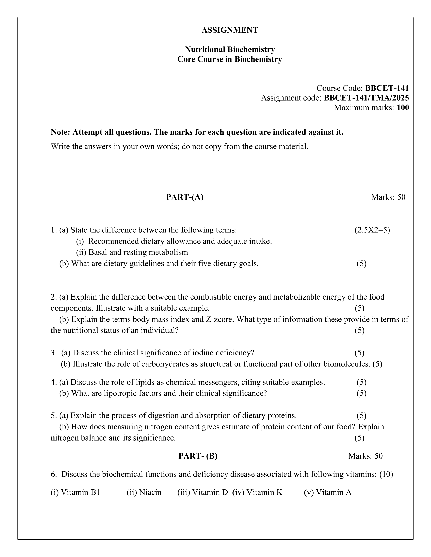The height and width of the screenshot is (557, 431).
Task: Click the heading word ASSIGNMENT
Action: coord(229,30)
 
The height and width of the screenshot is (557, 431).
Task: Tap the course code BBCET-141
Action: coord(387,88)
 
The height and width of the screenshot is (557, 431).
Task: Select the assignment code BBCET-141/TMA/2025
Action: coord(366,98)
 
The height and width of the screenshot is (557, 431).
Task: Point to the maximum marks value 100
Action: coord(403,107)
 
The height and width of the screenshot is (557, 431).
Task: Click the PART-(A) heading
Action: coord(185,197)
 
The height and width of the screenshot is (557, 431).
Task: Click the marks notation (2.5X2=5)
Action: coord(372,230)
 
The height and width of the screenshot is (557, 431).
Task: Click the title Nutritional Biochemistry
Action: coord(229,49)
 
